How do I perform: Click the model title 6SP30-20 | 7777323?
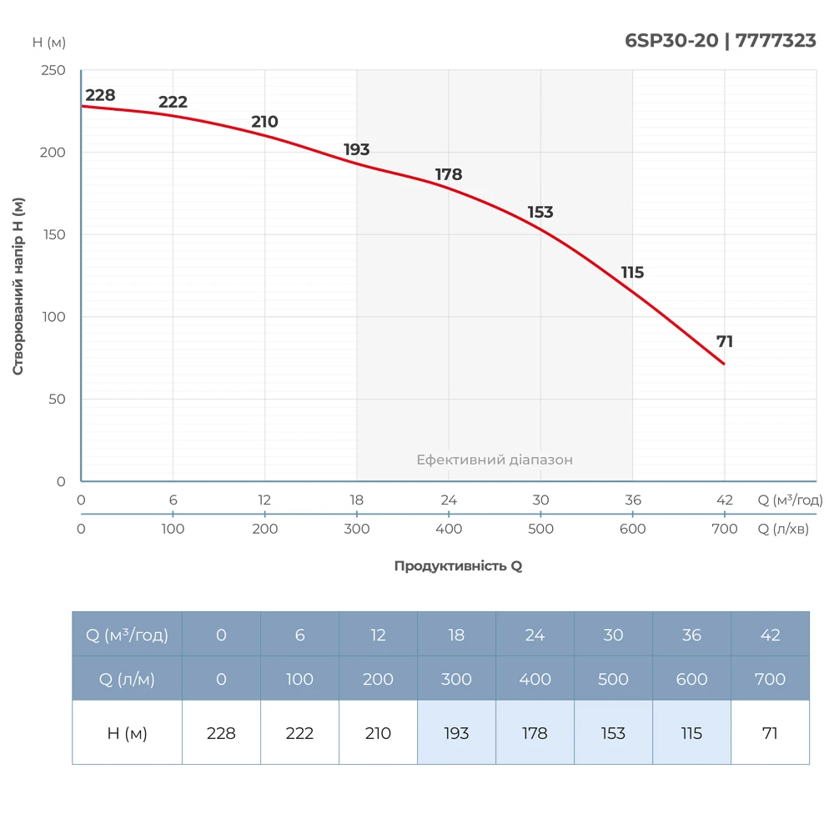(x=721, y=40)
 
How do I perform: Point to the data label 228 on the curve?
(x=100, y=95)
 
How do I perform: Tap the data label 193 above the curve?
(x=356, y=150)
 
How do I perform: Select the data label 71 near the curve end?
(x=725, y=341)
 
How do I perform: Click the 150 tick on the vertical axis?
(x=53, y=235)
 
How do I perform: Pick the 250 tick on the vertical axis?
(x=53, y=71)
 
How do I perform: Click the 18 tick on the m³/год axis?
(x=357, y=500)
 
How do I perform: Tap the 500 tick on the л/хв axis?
(x=540, y=529)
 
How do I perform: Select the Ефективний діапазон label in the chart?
(x=495, y=460)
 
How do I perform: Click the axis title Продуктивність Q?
(x=458, y=565)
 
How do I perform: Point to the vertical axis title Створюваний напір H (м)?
(x=18, y=286)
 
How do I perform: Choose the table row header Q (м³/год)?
(x=127, y=635)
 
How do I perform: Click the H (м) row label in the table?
(x=127, y=733)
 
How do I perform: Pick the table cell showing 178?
(x=535, y=733)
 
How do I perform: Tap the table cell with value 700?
(x=770, y=679)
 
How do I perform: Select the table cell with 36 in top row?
(x=691, y=635)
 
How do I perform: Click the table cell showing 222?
(x=299, y=733)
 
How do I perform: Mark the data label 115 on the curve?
(x=632, y=273)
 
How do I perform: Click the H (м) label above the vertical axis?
(x=49, y=43)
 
